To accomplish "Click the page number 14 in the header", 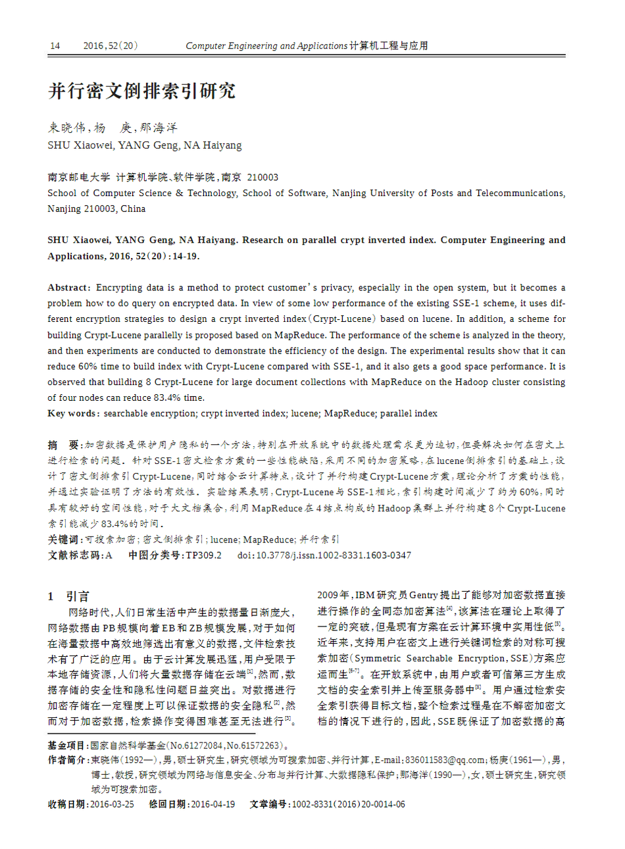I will click(x=55, y=46).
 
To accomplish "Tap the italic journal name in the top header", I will click(x=266, y=46).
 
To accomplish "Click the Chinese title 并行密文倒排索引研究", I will click(x=141, y=91).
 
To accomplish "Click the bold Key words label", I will click(x=73, y=413).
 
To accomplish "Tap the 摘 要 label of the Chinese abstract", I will click(x=64, y=445).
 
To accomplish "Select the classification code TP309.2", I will click(x=203, y=555).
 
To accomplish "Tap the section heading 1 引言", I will click(x=68, y=596).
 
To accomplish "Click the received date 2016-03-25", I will click(x=112, y=804).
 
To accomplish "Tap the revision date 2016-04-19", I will click(x=213, y=804).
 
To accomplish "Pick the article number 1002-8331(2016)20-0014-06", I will click(x=348, y=804).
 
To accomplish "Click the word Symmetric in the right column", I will click(x=378, y=658).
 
